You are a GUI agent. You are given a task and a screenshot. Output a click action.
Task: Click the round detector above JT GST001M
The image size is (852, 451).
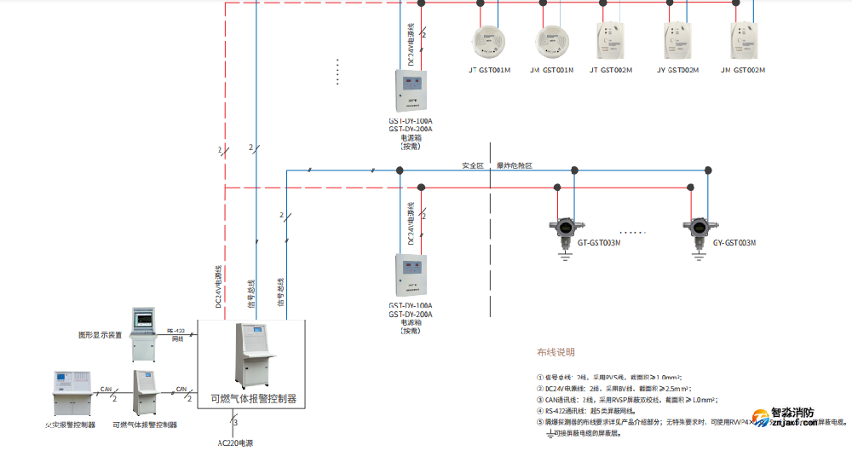point(488,39)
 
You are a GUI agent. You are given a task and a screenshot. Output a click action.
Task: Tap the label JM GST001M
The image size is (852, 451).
point(551,69)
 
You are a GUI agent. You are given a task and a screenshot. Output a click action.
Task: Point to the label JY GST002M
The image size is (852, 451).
point(677,69)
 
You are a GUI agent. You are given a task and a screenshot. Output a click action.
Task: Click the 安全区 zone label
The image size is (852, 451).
point(473,165)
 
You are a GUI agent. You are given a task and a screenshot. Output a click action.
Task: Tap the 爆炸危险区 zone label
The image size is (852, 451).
point(515,165)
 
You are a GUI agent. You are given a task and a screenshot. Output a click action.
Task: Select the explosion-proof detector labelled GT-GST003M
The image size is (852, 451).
point(562,227)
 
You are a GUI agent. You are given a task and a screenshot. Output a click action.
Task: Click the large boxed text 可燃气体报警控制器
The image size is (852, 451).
point(253,398)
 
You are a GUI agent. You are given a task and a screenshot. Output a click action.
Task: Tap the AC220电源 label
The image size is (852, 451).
point(235,442)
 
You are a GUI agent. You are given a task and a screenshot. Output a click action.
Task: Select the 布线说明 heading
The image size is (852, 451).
point(556,352)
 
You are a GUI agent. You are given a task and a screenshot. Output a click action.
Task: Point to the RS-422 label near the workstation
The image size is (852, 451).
point(176,331)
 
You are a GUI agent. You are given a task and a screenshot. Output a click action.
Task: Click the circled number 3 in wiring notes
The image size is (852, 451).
point(539,398)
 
